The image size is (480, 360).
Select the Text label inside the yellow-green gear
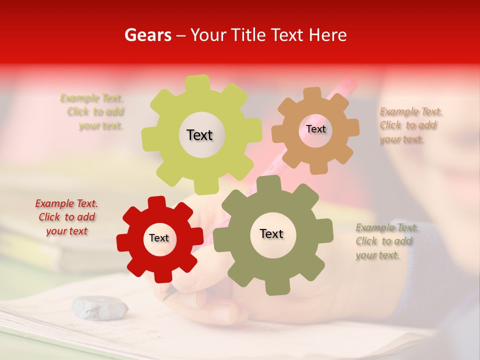click(x=199, y=135)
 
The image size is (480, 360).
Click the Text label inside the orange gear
click(x=315, y=129)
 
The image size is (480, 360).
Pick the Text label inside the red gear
click(x=159, y=238)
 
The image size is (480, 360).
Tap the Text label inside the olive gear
click(x=271, y=234)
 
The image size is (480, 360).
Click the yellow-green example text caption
click(x=93, y=112)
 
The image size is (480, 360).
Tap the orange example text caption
click(x=410, y=125)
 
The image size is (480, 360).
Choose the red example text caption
click(x=66, y=217)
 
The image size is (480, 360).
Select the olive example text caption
click(x=386, y=241)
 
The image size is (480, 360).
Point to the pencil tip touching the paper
click(x=164, y=298)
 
